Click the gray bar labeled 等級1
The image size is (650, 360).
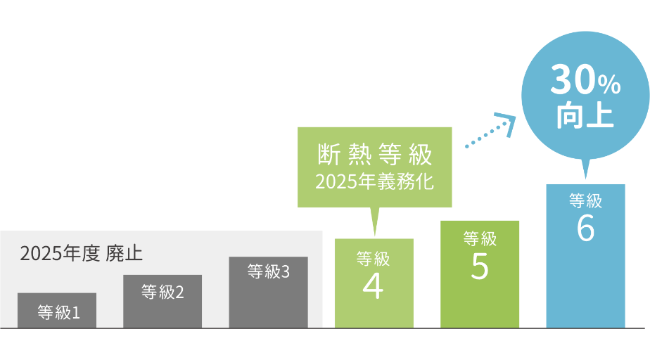[x=56, y=311]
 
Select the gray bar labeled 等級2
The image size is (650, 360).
[x=162, y=301]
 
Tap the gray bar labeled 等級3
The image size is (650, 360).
[x=268, y=292]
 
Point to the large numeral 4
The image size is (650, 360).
[x=373, y=285]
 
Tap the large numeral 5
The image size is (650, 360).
[x=479, y=266]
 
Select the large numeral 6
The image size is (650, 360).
[x=585, y=229]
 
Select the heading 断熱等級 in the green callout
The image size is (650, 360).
[x=374, y=153]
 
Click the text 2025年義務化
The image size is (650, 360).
[x=374, y=181]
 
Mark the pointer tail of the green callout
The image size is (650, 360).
[x=374, y=221]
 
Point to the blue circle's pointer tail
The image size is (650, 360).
[x=585, y=170]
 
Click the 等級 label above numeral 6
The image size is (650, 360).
[x=585, y=201]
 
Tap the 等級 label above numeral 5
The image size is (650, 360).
[x=480, y=239]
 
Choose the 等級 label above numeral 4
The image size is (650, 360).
[x=373, y=259]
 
